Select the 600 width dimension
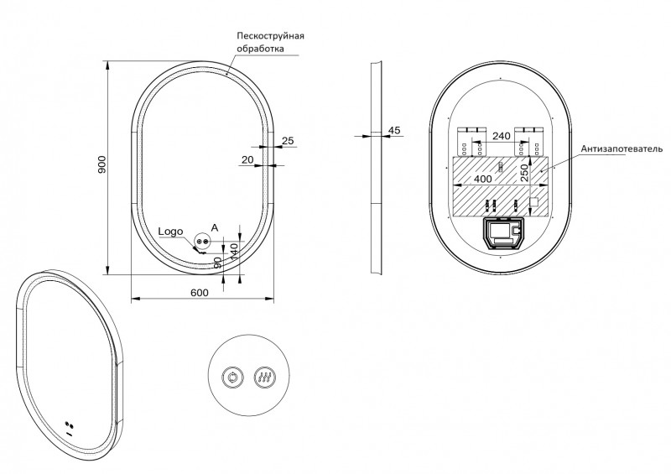[199, 292]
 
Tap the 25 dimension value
[288, 140]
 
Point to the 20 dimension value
[247, 159]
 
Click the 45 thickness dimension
[394, 130]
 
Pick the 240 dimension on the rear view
[502, 135]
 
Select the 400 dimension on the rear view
[483, 179]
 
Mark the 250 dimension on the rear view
[523, 174]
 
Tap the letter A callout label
[215, 227]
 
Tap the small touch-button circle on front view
[201, 240]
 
